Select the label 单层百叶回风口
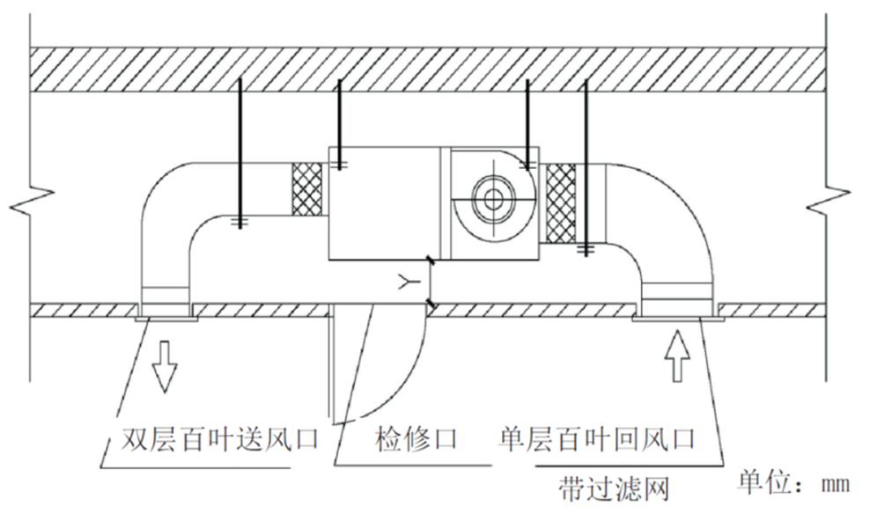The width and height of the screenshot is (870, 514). [597, 438]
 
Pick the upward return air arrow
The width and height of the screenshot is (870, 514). [676, 356]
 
